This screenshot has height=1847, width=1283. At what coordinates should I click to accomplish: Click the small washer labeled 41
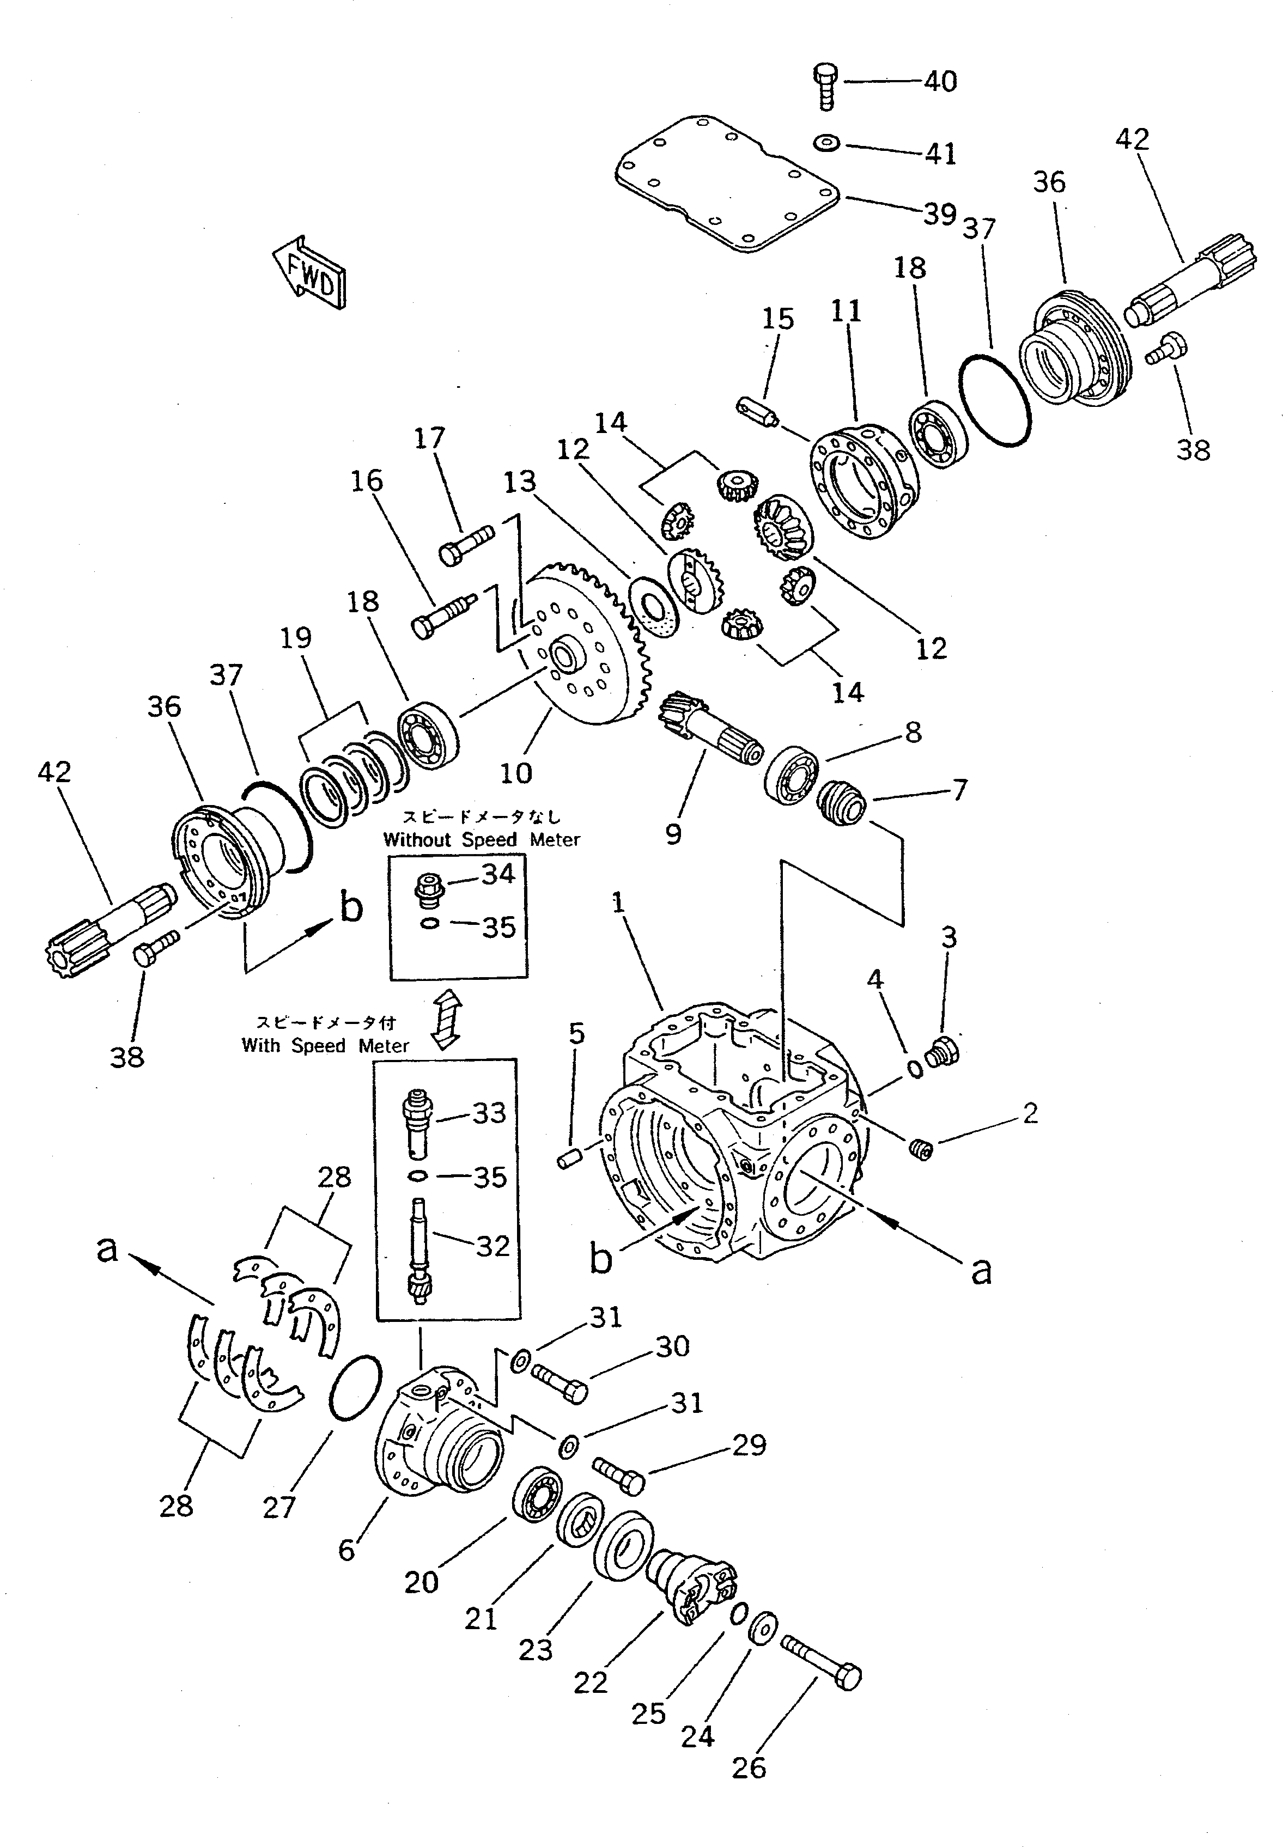(826, 143)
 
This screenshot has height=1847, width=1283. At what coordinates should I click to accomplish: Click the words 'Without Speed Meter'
(481, 839)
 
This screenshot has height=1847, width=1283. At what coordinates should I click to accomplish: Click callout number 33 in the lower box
(489, 1113)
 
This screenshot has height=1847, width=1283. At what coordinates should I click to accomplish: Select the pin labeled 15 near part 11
(758, 413)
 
